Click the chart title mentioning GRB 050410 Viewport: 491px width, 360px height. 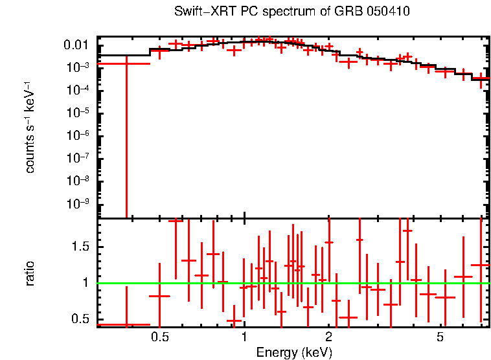click(292, 11)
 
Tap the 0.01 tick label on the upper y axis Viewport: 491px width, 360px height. click(76, 45)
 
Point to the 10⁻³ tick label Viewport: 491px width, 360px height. click(78, 67)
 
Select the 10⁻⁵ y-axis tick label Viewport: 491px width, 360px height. click(78, 112)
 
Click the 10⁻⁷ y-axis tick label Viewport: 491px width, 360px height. click(78, 157)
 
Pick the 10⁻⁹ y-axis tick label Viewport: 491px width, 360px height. click(78, 203)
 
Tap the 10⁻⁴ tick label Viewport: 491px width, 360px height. click(78, 89)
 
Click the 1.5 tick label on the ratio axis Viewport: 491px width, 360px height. click(80, 246)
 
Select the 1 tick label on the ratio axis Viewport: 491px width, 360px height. click(86, 283)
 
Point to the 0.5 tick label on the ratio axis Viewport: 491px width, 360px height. click(80, 319)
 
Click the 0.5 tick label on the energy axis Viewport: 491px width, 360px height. click(160, 337)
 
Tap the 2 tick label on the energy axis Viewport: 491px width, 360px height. click(328, 337)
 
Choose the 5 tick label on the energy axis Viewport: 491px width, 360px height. click(440, 337)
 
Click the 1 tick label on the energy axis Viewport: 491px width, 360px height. click(244, 337)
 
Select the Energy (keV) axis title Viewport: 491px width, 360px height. click(294, 353)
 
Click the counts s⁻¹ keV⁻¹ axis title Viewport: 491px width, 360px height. click(29, 128)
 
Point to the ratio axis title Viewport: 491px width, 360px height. click(29, 273)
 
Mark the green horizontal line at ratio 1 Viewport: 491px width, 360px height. click(293, 284)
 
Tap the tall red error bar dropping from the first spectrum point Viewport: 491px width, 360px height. click(126, 137)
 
